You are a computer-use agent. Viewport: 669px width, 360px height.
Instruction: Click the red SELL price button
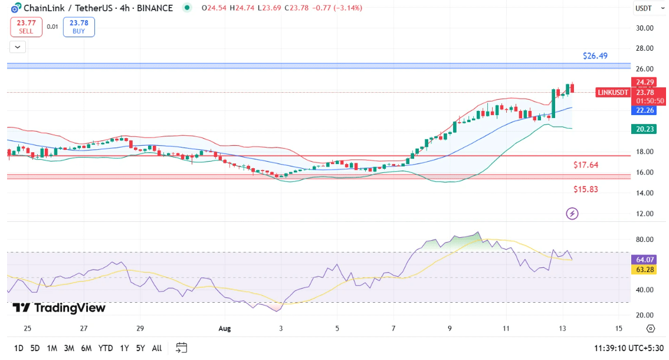tap(26, 27)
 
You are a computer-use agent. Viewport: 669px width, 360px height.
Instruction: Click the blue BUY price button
tap(79, 27)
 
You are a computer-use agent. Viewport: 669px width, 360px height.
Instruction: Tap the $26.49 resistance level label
tap(595, 56)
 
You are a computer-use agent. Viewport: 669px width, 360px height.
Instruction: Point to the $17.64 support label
tap(586, 165)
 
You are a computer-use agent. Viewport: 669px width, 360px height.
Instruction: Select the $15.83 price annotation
tap(586, 189)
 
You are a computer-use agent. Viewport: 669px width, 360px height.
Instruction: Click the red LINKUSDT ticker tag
tap(613, 93)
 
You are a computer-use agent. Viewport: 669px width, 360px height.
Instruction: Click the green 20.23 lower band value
tap(644, 129)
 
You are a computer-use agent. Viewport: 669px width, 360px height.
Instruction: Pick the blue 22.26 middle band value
tap(644, 110)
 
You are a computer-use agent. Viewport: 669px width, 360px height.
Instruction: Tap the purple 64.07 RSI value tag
tap(644, 260)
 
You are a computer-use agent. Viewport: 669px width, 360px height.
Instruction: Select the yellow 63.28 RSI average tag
tap(644, 270)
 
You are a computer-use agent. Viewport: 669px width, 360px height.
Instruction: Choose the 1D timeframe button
tap(19, 348)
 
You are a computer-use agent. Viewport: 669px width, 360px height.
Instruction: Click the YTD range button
tap(106, 348)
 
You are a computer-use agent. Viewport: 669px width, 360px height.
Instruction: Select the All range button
tap(157, 348)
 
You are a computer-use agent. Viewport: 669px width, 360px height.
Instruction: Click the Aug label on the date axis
tap(224, 328)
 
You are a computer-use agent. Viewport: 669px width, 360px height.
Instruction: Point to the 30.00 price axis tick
tap(644, 28)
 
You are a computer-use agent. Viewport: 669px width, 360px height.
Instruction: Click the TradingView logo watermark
tap(59, 308)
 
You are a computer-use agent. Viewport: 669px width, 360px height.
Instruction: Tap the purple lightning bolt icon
tap(572, 213)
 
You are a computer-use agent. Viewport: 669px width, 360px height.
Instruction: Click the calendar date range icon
tap(181, 348)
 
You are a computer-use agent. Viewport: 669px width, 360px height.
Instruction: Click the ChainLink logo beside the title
tap(16, 8)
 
